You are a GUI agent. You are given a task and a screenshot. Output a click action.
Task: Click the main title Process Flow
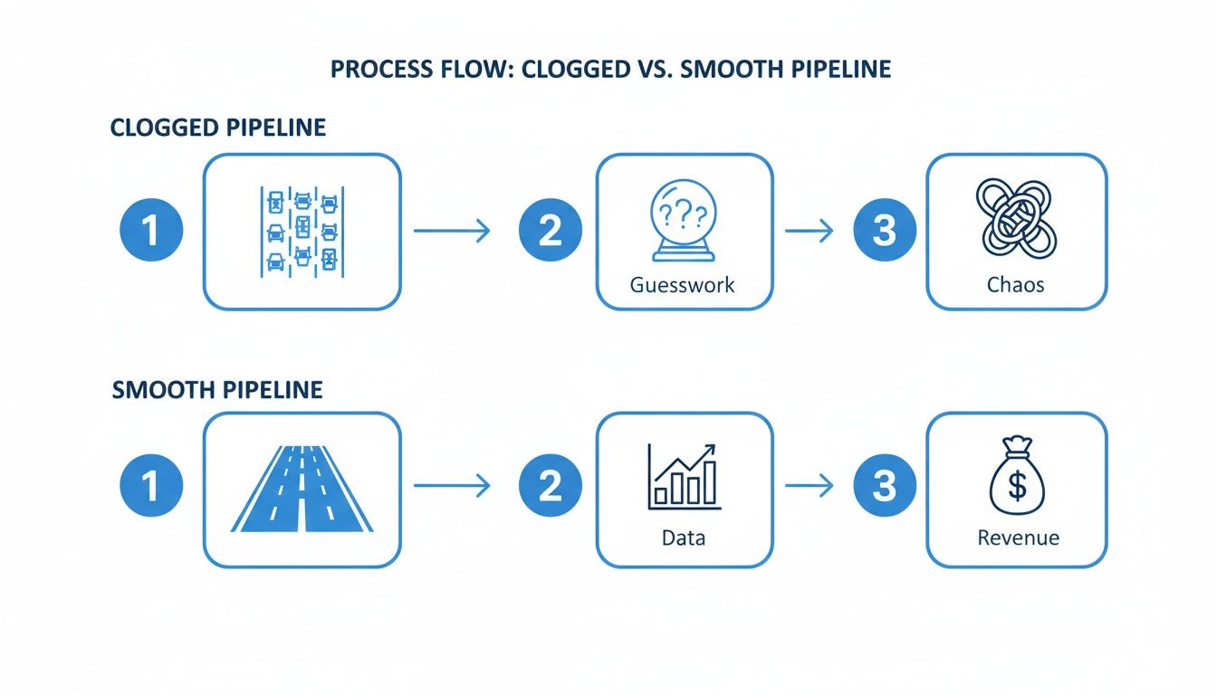click(x=610, y=70)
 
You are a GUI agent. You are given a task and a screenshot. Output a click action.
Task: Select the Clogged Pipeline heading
click(x=217, y=128)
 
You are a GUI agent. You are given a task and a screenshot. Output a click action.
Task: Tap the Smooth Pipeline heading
click(x=217, y=390)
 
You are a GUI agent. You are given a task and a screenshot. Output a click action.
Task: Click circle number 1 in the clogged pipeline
click(x=151, y=231)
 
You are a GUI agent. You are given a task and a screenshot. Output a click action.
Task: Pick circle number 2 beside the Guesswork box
click(x=550, y=231)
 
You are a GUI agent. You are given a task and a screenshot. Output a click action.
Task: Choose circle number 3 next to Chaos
click(x=885, y=231)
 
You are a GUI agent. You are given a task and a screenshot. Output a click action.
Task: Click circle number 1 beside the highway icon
click(x=151, y=486)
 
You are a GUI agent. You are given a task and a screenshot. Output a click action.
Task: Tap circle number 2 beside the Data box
click(x=550, y=486)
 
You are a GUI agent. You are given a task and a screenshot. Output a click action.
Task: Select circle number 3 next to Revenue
click(x=885, y=486)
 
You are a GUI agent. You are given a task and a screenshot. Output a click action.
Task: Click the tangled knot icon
click(x=1016, y=217)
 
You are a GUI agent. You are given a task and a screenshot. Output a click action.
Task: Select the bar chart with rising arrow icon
click(x=684, y=475)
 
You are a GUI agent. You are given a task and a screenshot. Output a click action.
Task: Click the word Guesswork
click(x=684, y=284)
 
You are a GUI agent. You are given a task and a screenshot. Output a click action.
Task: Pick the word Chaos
click(x=1016, y=284)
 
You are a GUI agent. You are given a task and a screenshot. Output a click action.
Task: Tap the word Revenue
click(x=1018, y=538)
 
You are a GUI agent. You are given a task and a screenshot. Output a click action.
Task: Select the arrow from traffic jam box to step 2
click(x=451, y=232)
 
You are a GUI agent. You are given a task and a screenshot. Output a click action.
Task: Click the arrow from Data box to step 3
click(x=808, y=487)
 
